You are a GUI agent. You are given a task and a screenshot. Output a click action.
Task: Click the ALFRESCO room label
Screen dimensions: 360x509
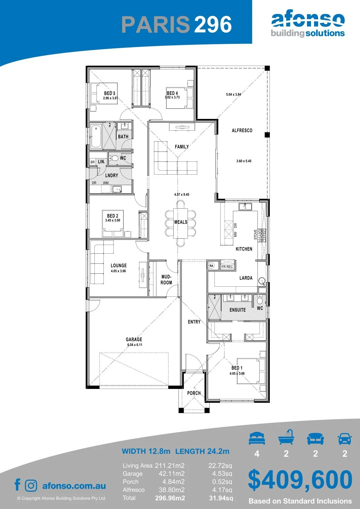[x=242, y=130]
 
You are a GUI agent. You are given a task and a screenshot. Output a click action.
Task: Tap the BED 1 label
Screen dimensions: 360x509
[x=237, y=368]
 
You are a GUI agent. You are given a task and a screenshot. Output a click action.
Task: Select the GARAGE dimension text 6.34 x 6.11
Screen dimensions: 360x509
[x=135, y=345]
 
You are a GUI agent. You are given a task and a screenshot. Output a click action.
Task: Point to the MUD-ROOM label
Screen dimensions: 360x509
[x=166, y=280]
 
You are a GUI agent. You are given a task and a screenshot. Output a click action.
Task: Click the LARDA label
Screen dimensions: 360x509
[x=246, y=278]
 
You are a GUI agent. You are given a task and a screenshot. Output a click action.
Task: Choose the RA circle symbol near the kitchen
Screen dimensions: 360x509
[x=211, y=266]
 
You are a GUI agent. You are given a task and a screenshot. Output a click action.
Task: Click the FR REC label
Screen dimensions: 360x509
[x=227, y=266]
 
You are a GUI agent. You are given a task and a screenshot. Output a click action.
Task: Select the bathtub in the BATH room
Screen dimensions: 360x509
[x=96, y=136]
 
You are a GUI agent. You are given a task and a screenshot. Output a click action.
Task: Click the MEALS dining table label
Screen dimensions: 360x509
[x=181, y=222]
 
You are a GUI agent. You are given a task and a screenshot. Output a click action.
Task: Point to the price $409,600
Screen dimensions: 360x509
[x=300, y=480]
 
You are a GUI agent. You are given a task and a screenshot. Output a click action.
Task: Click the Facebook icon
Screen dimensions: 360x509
[x=18, y=485]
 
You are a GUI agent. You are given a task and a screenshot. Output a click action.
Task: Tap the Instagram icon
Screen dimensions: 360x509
[x=31, y=486]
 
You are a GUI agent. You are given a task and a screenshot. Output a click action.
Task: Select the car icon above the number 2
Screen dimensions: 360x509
[x=345, y=439]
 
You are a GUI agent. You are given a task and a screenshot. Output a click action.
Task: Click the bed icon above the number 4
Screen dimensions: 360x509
[x=257, y=438]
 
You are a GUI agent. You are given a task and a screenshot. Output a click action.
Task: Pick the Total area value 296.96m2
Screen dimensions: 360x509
[x=170, y=498]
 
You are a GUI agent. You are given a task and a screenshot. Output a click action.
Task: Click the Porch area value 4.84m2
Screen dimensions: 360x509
[x=173, y=482]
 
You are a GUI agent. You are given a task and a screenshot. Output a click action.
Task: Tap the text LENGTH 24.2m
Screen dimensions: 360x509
[x=202, y=451]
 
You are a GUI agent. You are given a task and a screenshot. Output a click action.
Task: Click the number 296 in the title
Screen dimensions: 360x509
[x=213, y=24]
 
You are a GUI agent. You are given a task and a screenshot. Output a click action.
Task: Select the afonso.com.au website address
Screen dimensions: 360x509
[x=74, y=486]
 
